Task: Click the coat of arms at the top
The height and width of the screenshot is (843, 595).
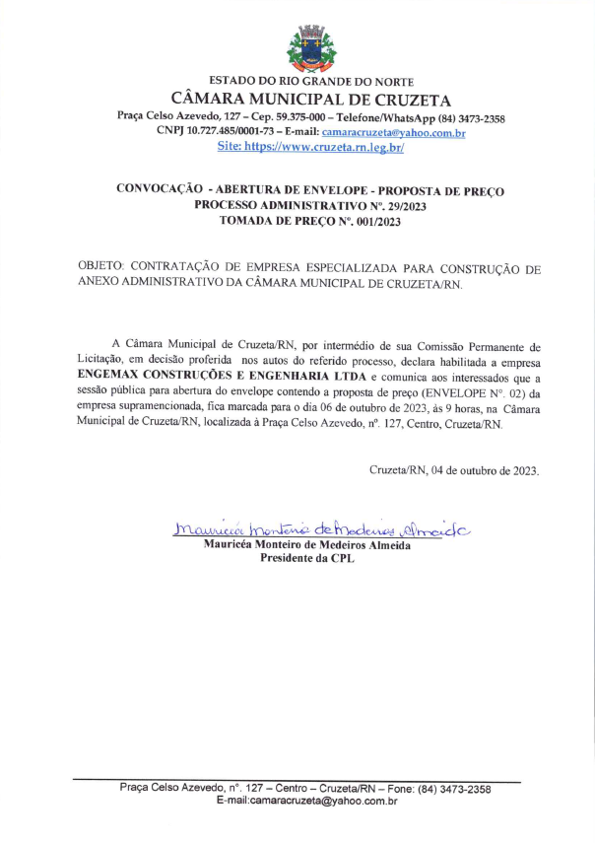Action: (310, 46)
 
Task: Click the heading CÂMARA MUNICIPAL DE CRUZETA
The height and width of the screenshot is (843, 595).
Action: (310, 100)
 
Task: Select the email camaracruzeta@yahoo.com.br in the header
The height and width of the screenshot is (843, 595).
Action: (393, 132)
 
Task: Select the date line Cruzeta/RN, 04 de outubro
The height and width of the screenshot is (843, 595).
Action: (454, 470)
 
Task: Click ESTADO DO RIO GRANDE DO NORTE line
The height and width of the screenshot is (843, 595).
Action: (311, 81)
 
